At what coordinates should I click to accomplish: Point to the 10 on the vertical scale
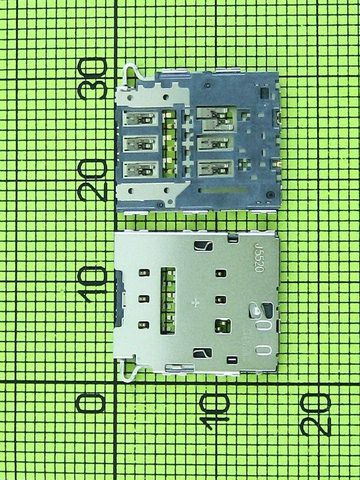[93, 283]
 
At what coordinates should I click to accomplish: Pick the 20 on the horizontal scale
[316, 414]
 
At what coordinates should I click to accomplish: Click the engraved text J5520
[259, 257]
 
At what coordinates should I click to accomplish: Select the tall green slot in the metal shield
[168, 301]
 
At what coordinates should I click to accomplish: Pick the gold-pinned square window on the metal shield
[222, 326]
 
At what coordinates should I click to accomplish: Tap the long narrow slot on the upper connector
[223, 190]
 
